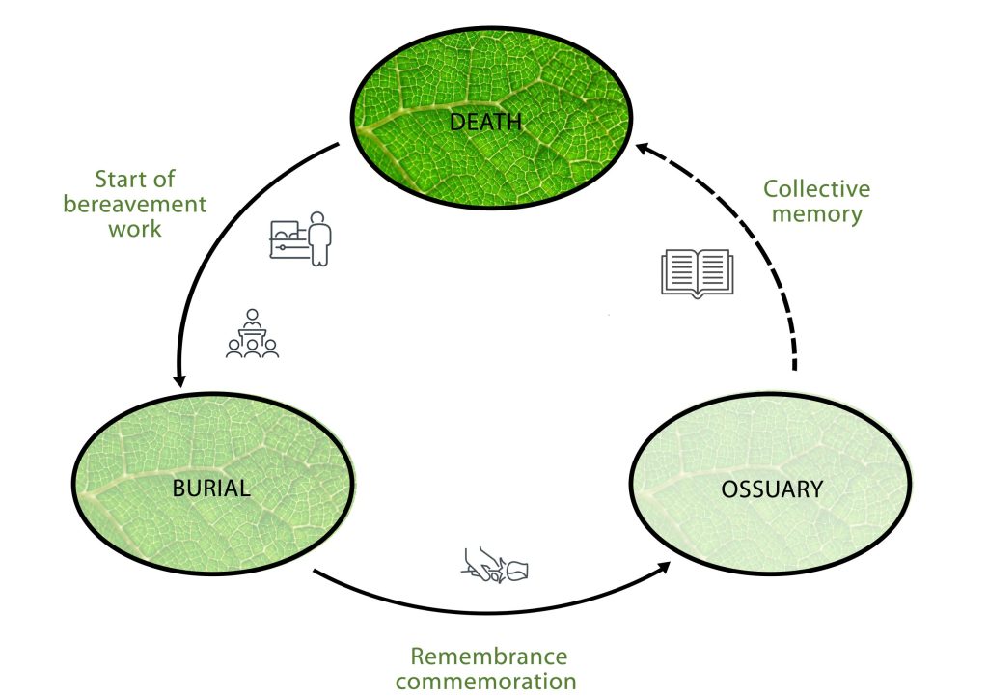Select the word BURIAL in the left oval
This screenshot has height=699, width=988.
click(x=211, y=488)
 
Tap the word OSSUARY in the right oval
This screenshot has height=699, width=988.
click(x=772, y=489)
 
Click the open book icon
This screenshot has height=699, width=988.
click(x=698, y=273)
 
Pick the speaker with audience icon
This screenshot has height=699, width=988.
click(x=253, y=334)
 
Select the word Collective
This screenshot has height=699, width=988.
click(x=816, y=190)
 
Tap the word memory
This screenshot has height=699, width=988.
click(x=817, y=214)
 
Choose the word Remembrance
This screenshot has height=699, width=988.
click(x=489, y=657)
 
